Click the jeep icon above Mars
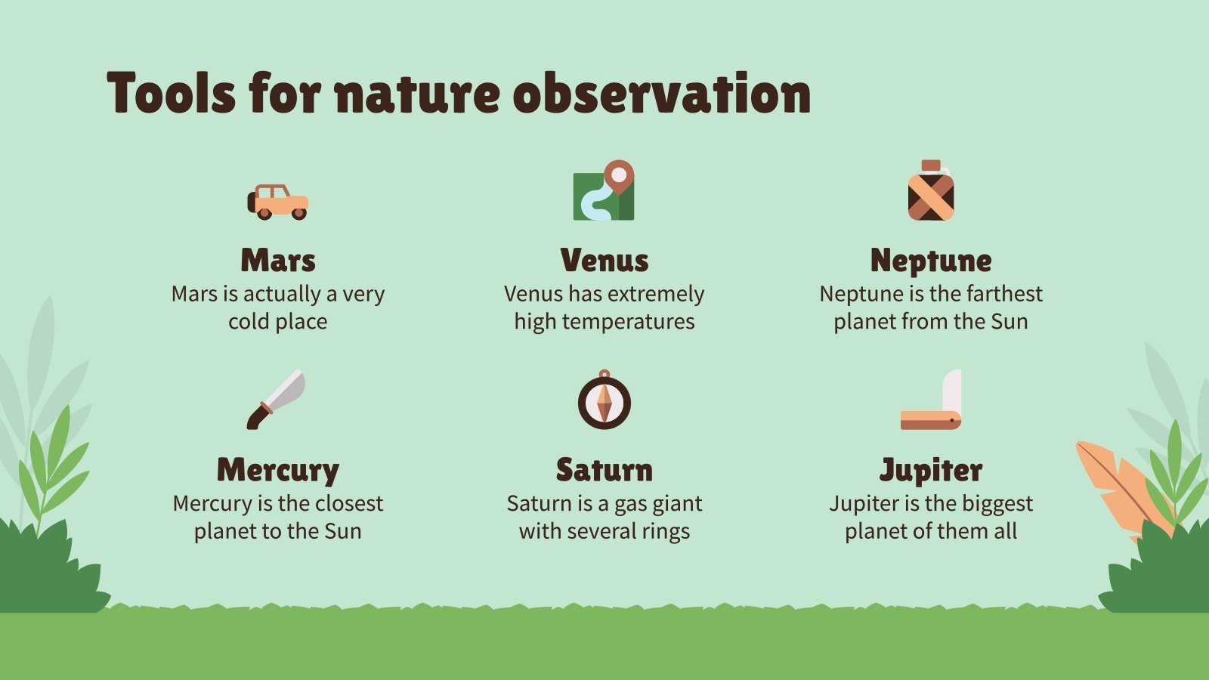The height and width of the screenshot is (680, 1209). [x=278, y=202]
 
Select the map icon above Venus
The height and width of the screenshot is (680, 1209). [x=604, y=190]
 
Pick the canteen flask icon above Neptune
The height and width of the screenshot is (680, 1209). [x=930, y=190]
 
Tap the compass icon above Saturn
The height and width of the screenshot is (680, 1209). [x=604, y=400]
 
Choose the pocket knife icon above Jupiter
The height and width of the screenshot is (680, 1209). [x=931, y=400]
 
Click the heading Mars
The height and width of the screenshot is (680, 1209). [x=278, y=260]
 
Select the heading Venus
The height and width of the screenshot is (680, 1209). [x=604, y=260]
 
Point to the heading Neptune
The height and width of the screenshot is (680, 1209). [x=931, y=261]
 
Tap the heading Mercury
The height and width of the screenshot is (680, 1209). [x=278, y=471]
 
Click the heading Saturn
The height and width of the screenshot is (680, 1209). [x=604, y=469]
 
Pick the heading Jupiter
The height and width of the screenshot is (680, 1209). [x=931, y=471]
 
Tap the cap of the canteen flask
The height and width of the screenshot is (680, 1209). [x=931, y=165]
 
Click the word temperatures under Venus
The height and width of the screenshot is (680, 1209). [x=628, y=322]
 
